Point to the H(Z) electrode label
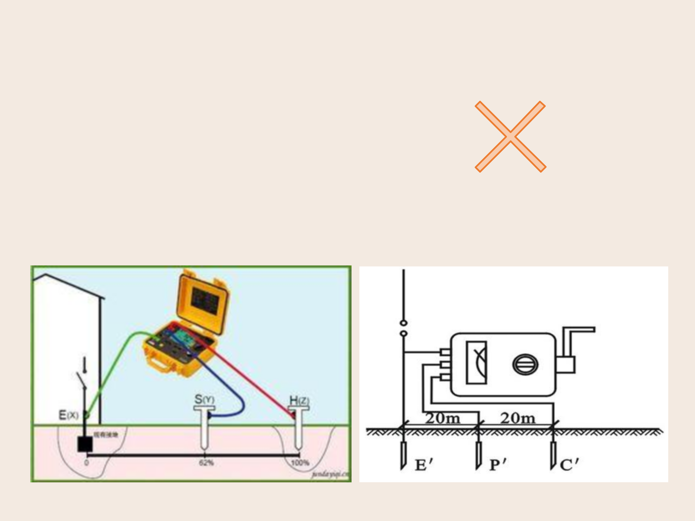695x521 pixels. click(x=299, y=401)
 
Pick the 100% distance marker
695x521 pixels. click(x=300, y=463)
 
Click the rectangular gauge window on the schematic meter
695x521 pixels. click(x=477, y=363)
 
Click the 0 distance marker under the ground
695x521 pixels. click(x=86, y=463)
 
